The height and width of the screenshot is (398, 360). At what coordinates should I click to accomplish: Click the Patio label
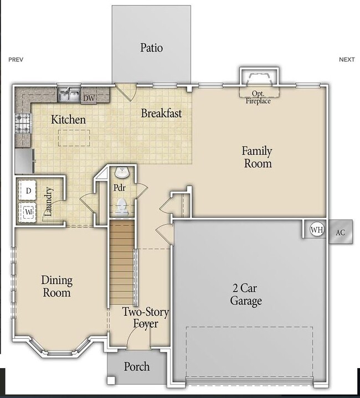point(151,48)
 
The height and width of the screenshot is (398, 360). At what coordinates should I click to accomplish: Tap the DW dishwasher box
point(89,99)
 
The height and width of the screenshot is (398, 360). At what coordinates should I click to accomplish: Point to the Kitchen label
point(68,120)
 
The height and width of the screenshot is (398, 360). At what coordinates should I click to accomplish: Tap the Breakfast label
point(161,113)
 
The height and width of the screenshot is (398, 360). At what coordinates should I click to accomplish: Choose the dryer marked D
point(28,191)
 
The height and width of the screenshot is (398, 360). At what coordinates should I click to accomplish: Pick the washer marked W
point(28,211)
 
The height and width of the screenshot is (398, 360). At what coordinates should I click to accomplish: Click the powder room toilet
point(122,208)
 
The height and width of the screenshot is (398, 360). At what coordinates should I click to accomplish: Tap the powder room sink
point(122,173)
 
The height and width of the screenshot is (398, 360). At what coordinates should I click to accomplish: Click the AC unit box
point(340,232)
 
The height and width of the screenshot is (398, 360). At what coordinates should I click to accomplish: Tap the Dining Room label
point(56,286)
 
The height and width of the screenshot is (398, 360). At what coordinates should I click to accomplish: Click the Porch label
point(136,367)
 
